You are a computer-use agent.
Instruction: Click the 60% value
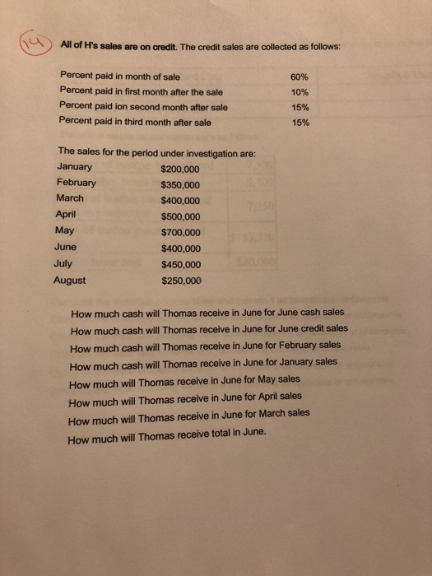300,77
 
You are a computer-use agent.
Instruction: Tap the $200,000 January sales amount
180,169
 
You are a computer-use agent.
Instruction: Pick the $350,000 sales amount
180,184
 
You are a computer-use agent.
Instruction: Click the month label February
76,183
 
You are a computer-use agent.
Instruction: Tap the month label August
70,280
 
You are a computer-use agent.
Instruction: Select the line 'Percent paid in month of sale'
120,77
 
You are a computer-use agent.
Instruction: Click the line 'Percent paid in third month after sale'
136,123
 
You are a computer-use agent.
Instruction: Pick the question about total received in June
169,438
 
